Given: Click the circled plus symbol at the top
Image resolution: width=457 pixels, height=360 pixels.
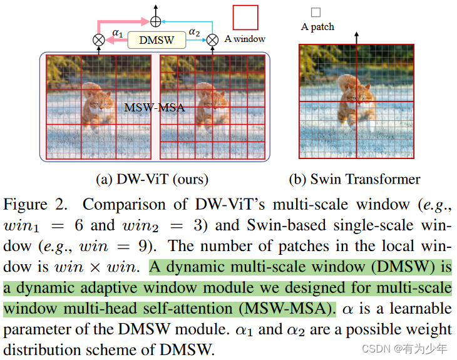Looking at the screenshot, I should coord(155,21).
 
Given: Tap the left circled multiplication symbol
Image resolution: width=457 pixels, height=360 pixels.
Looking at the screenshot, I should coord(98,39).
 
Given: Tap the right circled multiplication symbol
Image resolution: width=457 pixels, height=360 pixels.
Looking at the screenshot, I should coord(212,39).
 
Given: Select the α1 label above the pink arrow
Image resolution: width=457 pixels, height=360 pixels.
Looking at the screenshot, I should coord(118,31).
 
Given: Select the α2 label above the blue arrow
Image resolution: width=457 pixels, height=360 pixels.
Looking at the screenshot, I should coord(195,31).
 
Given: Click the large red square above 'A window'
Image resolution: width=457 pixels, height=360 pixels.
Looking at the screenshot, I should coord(245,17).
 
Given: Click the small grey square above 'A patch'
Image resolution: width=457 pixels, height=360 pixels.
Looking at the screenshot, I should coord(316,12).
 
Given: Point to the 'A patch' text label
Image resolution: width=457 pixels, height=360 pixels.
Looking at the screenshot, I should coord(317,27).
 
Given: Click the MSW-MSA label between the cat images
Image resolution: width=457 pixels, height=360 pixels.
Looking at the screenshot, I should coord(155,107).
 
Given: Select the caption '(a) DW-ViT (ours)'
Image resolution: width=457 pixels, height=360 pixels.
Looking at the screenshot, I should coord(152,180).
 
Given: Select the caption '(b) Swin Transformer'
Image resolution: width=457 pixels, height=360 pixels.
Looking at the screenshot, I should coord(354,180).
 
